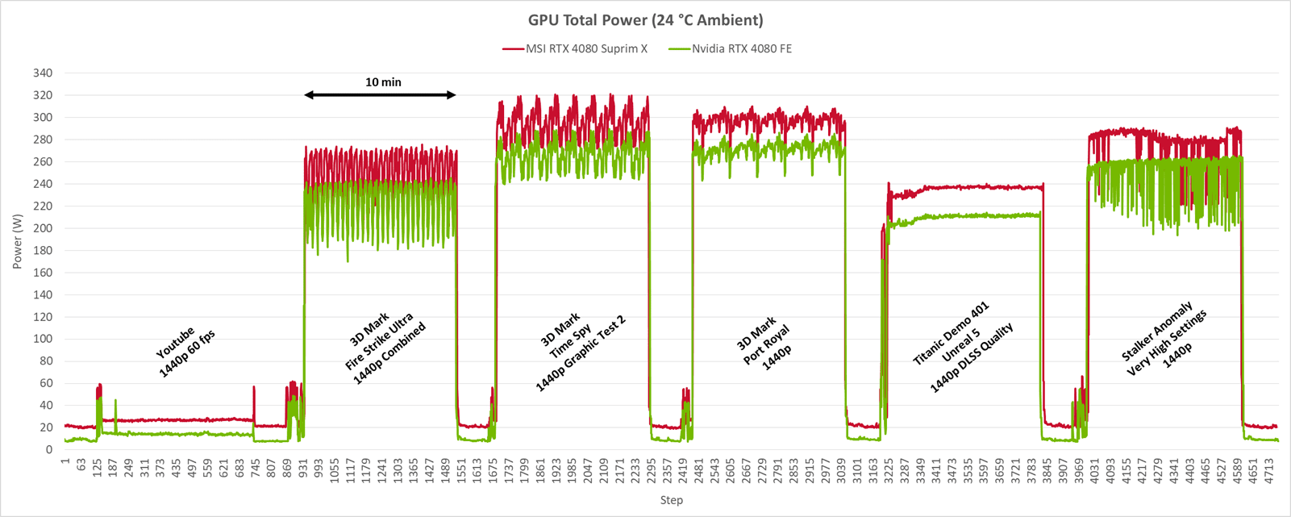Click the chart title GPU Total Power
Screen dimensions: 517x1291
(645, 20)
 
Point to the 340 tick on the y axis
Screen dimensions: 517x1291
(43, 73)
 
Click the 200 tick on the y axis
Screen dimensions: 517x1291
(43, 228)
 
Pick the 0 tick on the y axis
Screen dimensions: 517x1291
(49, 450)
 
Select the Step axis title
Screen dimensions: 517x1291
(671, 500)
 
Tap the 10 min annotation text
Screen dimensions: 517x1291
(383, 82)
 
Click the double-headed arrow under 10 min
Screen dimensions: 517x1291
(380, 95)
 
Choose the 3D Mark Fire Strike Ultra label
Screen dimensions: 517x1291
(385, 344)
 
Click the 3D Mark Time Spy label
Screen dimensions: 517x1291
(581, 343)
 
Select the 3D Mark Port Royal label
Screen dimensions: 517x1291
(764, 339)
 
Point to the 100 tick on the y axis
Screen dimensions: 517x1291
(43, 340)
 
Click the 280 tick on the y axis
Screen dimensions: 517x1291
(43, 140)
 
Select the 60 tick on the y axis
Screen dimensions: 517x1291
(46, 384)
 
